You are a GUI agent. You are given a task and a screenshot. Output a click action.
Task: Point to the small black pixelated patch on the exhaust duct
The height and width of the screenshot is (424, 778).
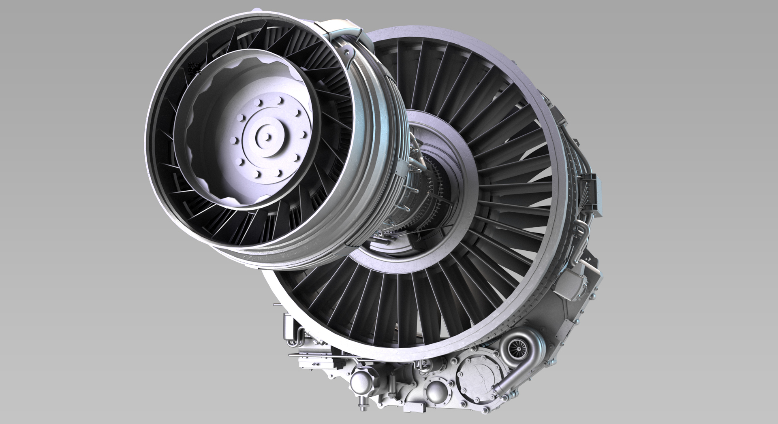(x=195, y=69)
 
